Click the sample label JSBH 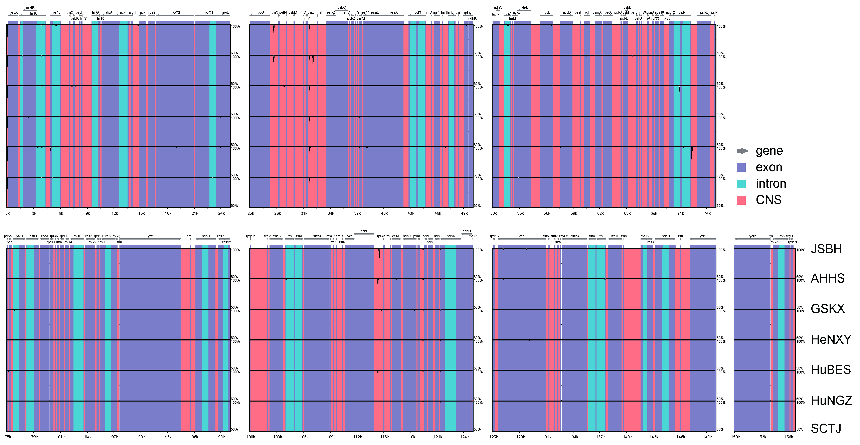(826, 249)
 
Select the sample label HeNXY (831, 339)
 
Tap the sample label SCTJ (826, 428)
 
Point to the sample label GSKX (828, 309)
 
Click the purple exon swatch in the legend (741, 167)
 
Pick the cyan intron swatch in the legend (741, 184)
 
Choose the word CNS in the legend (768, 200)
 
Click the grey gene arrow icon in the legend (742, 151)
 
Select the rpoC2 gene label (175, 13)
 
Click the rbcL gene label (546, 13)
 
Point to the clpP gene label (682, 13)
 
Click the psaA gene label (394, 13)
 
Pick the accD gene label (566, 13)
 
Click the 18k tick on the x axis (168, 213)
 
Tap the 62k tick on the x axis (600, 213)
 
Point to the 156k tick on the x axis (789, 437)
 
